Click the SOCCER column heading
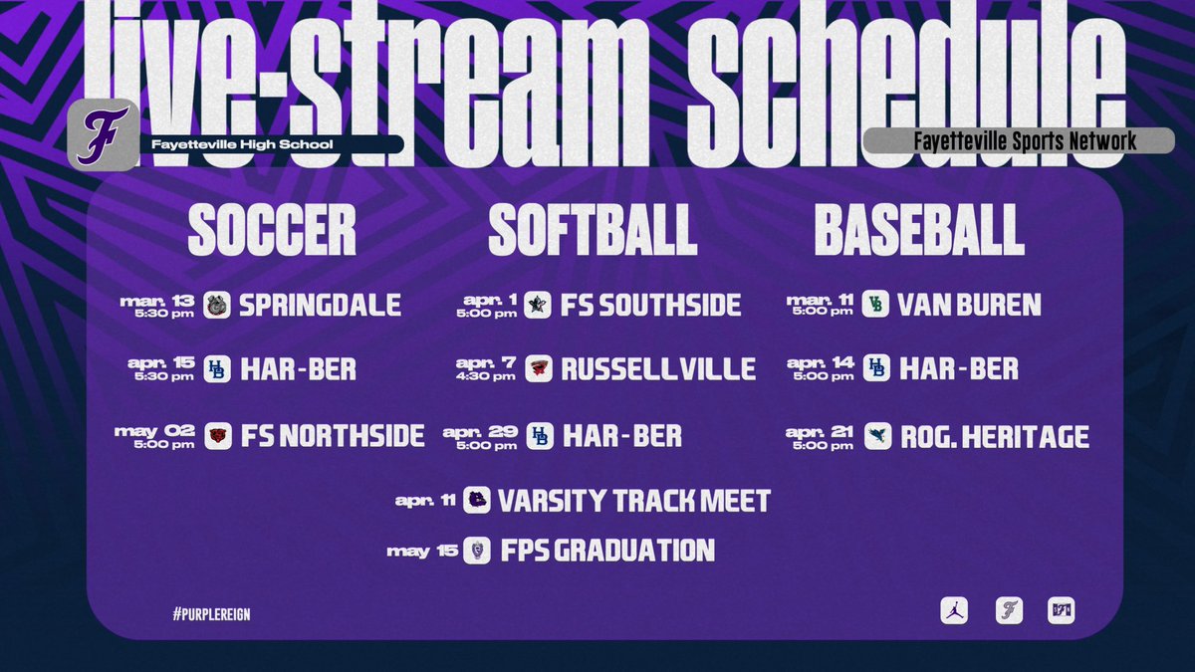(272, 231)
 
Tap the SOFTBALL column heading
(593, 231)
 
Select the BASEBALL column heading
(919, 231)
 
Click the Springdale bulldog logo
(217, 305)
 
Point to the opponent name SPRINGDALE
(320, 305)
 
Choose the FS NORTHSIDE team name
(333, 436)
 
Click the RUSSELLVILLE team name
(658, 369)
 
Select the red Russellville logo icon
(539, 369)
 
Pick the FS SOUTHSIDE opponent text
(651, 305)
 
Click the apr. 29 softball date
(482, 436)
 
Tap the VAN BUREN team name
(969, 305)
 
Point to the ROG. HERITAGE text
(994, 436)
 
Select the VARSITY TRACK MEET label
(634, 500)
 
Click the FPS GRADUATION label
(605, 551)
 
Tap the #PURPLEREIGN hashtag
(210, 613)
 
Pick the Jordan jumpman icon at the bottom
(954, 610)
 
